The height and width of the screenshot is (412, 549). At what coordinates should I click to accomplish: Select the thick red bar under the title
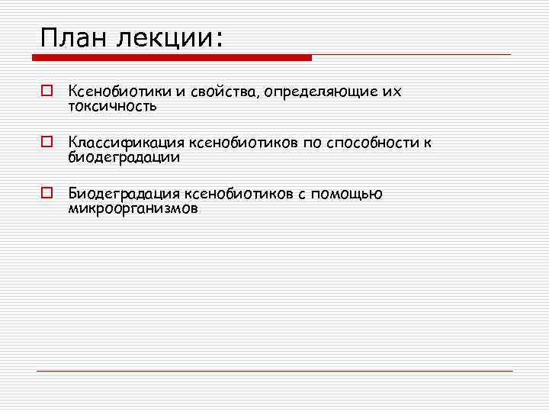tap(176, 57)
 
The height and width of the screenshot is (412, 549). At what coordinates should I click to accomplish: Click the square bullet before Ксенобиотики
tap(47, 92)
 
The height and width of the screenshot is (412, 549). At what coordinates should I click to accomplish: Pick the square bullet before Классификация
tap(47, 143)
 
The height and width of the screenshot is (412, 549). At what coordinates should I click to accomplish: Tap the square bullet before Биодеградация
tap(47, 194)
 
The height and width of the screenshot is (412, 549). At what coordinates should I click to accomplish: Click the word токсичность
tap(112, 106)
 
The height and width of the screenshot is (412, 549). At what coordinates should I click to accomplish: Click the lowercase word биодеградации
tap(124, 157)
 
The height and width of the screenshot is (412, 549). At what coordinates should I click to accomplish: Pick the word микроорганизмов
tap(133, 208)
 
